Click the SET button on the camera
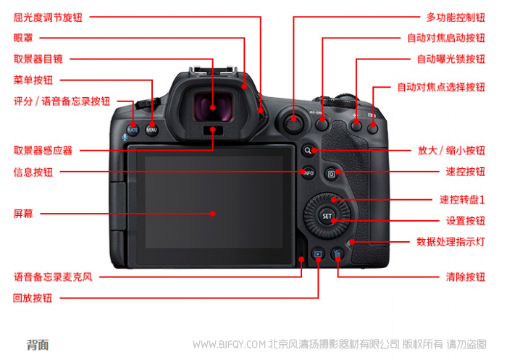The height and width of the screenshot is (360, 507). (x=327, y=216)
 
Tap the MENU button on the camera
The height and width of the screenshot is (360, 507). (x=151, y=130)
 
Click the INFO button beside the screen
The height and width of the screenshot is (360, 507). (x=308, y=172)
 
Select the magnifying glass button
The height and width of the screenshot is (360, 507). (x=308, y=151)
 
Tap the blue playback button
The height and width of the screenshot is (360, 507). (x=318, y=254)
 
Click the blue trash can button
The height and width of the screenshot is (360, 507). (x=338, y=255)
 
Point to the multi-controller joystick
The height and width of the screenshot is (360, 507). (x=293, y=123)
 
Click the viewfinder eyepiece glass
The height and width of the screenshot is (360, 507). (x=213, y=107)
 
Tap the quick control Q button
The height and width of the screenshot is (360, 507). (x=332, y=174)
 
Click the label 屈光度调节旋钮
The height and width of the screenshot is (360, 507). (x=48, y=17)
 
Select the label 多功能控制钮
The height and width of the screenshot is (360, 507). (x=456, y=17)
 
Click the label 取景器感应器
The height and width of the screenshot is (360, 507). (x=43, y=151)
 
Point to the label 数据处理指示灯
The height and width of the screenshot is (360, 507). (x=451, y=242)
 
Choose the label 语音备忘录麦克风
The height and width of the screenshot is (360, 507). (x=53, y=277)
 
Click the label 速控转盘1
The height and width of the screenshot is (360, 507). (x=462, y=200)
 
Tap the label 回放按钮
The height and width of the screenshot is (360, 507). (x=33, y=298)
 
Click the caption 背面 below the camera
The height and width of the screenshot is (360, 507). (x=38, y=345)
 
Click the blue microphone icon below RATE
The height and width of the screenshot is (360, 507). (x=125, y=137)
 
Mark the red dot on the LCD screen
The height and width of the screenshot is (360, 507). (x=212, y=214)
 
